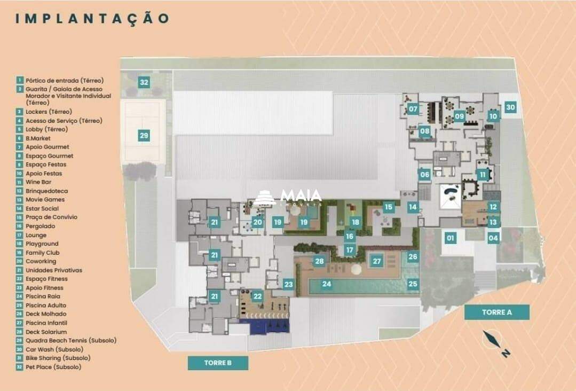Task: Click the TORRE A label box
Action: pyautogui.click(x=496, y=312)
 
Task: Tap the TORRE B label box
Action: pyautogui.click(x=218, y=363)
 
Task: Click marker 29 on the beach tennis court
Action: pyautogui.click(x=144, y=136)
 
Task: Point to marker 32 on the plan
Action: pyautogui.click(x=144, y=82)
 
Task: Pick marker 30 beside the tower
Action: pyautogui.click(x=510, y=107)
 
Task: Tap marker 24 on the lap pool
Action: pyautogui.click(x=326, y=285)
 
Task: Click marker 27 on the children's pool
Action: pyautogui.click(x=377, y=261)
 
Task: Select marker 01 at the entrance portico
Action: pyautogui.click(x=451, y=238)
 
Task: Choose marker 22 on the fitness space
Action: pyautogui.click(x=257, y=296)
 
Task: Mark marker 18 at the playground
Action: pyautogui.click(x=355, y=222)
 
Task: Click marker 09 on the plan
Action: pyautogui.click(x=459, y=116)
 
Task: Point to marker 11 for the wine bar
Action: pyautogui.click(x=483, y=175)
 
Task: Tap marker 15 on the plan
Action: pyautogui.click(x=388, y=207)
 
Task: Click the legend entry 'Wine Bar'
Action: pyautogui.click(x=38, y=182)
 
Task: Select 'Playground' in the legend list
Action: pyautogui.click(x=42, y=244)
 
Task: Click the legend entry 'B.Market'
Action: pyautogui.click(x=38, y=138)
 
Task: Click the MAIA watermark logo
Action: pyautogui.click(x=290, y=197)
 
